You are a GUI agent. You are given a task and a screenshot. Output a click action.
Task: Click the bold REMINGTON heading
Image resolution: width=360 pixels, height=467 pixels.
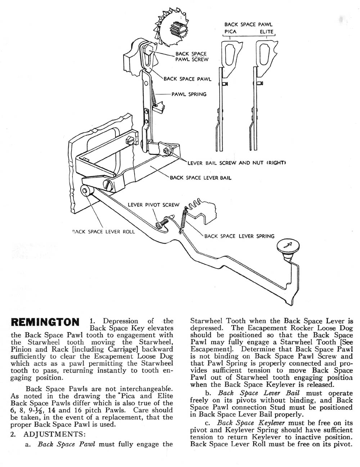coord(45,322)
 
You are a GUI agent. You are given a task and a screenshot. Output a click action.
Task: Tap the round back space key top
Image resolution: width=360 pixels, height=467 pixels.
coord(289,247)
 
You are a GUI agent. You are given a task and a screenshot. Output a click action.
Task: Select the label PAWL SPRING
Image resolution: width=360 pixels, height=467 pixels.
coord(189,94)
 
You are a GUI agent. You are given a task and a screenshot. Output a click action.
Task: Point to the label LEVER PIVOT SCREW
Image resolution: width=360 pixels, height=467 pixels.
coord(153,205)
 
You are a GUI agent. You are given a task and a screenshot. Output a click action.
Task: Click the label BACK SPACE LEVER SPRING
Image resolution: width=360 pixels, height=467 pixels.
coord(239,236)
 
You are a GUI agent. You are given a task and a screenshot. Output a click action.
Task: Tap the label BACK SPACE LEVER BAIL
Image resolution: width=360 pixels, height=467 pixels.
coord(201,178)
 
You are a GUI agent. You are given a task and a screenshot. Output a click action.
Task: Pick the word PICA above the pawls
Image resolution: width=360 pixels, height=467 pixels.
coord(229,32)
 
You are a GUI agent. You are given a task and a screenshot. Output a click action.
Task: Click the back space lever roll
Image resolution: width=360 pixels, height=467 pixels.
coord(86,191)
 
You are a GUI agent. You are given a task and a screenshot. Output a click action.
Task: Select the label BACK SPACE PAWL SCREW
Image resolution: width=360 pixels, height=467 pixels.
coord(192,57)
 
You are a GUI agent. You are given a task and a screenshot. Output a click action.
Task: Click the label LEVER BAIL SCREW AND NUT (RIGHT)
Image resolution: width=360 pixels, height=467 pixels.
coord(237,163)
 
